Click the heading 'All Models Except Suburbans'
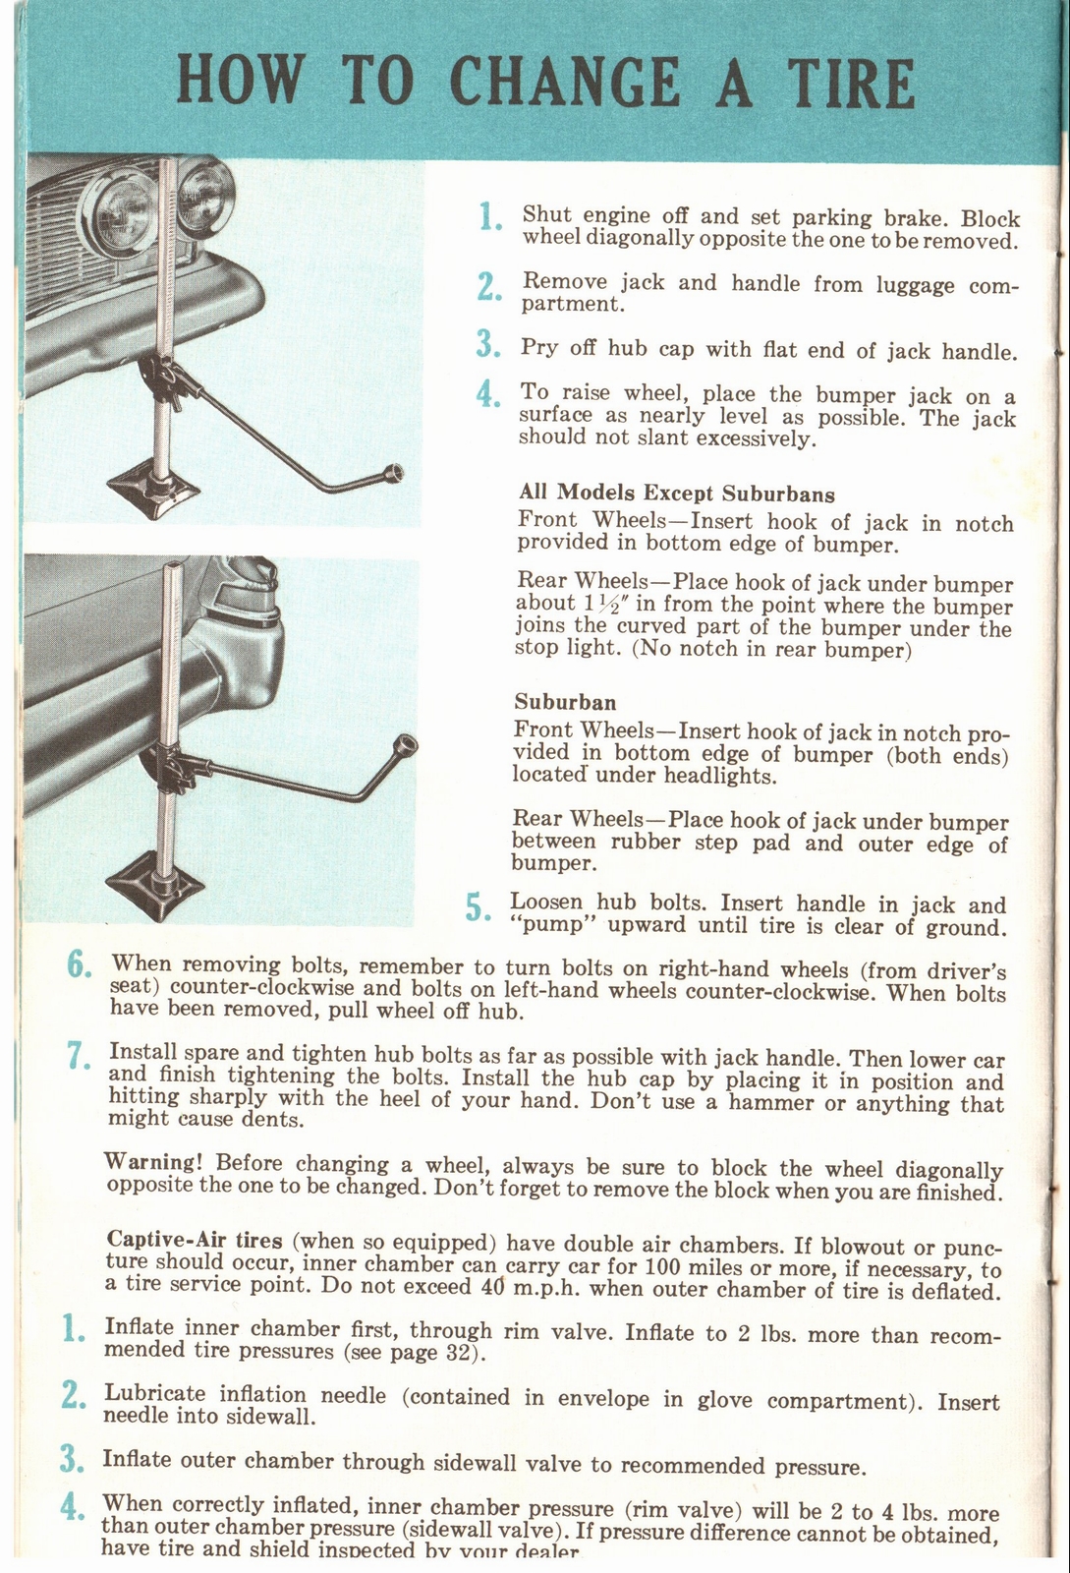click(676, 493)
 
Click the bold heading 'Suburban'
click(565, 702)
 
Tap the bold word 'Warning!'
click(152, 1162)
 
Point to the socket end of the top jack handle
click(395, 473)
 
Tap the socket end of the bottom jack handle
click(404, 743)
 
